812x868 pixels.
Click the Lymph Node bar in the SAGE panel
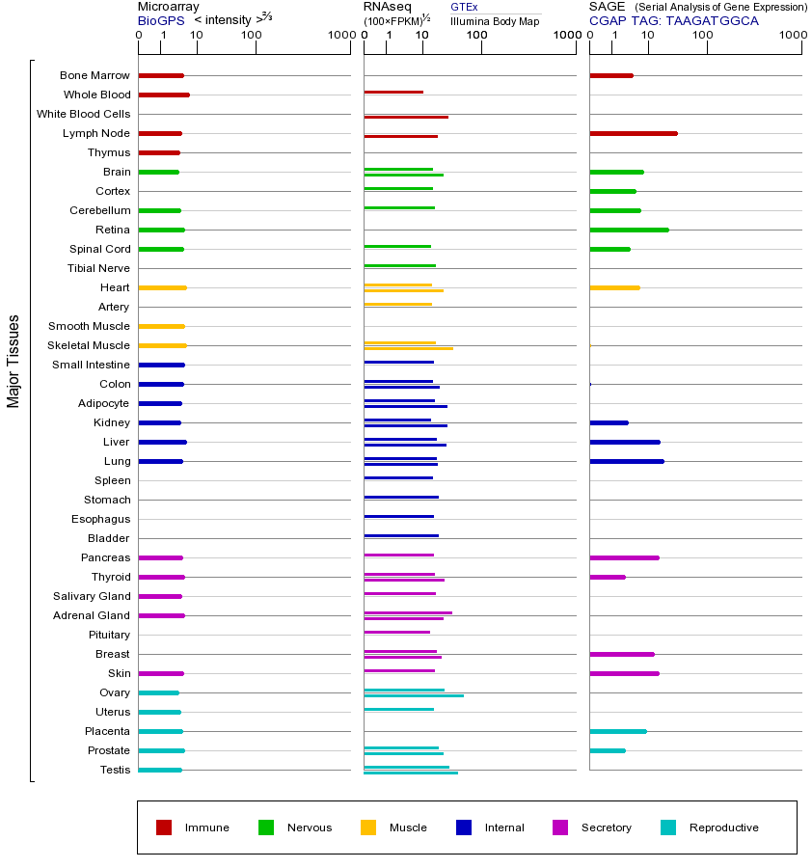click(633, 133)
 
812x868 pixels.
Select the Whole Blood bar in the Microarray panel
click(164, 95)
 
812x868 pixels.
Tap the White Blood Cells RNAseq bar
click(405, 117)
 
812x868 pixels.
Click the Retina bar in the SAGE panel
click(629, 230)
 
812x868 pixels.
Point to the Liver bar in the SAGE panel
click(624, 442)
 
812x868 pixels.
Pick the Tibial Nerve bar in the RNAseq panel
click(399, 265)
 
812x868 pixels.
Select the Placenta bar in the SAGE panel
click(617, 731)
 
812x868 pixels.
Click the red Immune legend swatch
click(164, 827)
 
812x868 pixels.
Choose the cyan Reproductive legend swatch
click(668, 827)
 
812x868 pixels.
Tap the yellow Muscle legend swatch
click(368, 827)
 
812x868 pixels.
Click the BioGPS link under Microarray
click(161, 20)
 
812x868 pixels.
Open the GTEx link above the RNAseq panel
click(464, 7)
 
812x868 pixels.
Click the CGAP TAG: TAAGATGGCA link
click(673, 20)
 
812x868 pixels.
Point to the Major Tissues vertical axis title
click(14, 361)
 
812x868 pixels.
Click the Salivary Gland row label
click(94, 596)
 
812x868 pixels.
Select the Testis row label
click(115, 770)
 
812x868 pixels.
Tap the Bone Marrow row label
click(95, 75)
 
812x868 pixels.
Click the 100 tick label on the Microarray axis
click(252, 36)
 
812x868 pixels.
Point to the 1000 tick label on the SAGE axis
click(792, 36)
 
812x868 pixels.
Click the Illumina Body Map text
click(495, 20)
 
